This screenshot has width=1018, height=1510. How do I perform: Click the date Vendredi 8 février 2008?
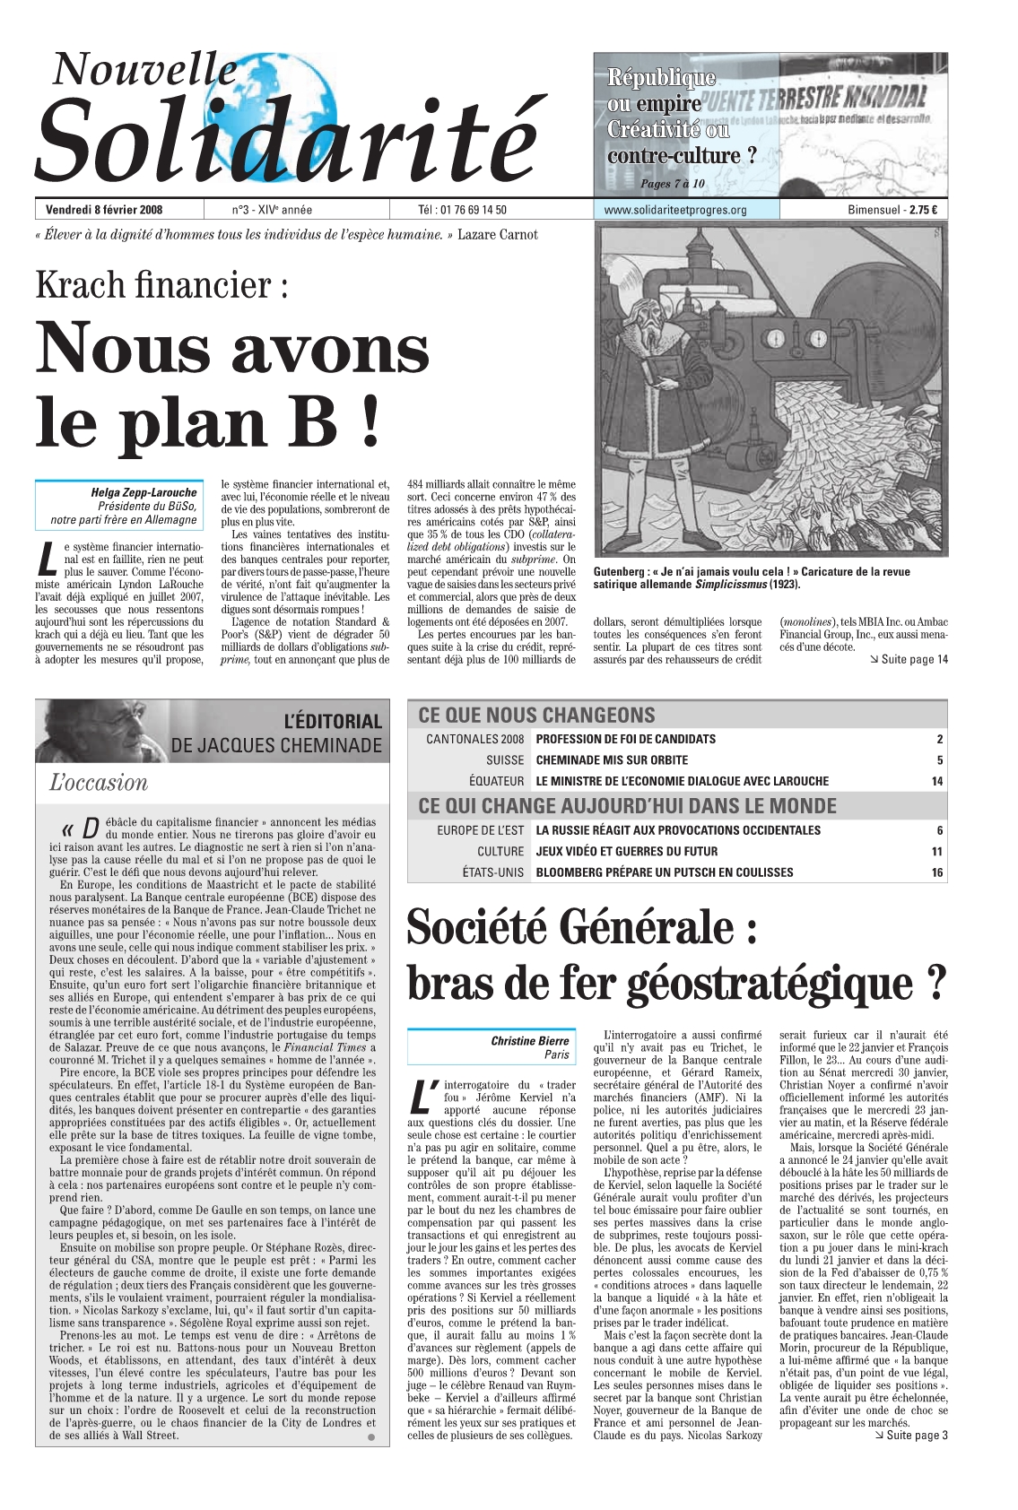click(x=104, y=210)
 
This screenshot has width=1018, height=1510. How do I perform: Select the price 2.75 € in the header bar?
click(x=924, y=210)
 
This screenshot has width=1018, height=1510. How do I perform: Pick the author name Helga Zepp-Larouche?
click(x=144, y=492)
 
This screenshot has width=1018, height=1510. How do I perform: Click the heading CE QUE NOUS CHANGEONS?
click(x=536, y=715)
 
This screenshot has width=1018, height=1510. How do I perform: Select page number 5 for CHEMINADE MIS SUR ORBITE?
click(x=939, y=760)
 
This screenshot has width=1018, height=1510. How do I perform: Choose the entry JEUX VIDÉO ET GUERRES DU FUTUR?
click(x=626, y=851)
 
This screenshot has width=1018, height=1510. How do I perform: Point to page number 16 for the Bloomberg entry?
click(x=936, y=872)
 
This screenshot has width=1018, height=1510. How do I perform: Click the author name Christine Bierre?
click(x=529, y=1040)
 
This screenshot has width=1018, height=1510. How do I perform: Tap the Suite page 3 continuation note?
click(x=910, y=1435)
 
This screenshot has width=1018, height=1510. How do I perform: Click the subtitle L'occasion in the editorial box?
click(x=99, y=782)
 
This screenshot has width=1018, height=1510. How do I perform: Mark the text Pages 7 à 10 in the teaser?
click(x=673, y=184)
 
